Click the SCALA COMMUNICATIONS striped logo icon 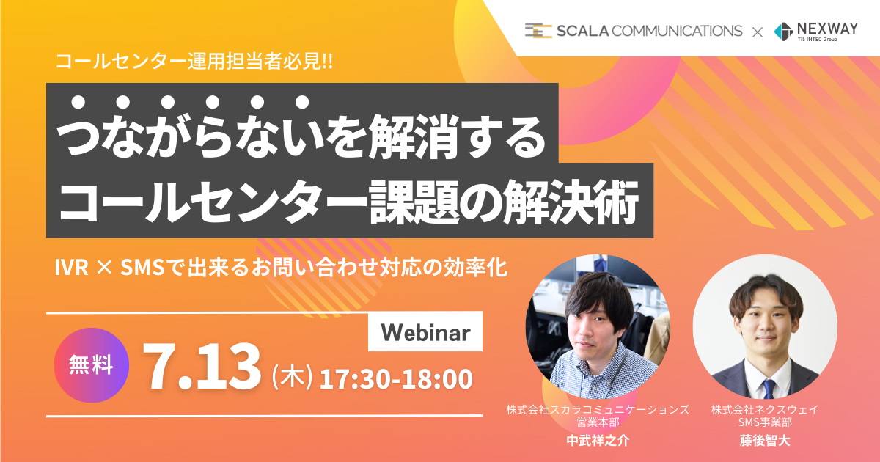click(538, 31)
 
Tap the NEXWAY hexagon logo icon click(783, 32)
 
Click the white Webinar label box click(425, 331)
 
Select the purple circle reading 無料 click(92, 365)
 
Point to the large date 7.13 click(202, 366)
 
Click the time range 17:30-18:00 click(396, 378)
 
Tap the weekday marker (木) click(293, 377)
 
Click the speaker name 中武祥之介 click(598, 441)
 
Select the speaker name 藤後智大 click(764, 441)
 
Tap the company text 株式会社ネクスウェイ click(764, 410)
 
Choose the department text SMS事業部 click(764, 422)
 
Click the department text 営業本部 click(598, 422)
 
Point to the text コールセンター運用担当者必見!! click(194, 62)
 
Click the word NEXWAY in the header click(827, 29)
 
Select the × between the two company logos click(758, 32)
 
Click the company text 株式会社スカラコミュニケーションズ click(598, 410)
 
